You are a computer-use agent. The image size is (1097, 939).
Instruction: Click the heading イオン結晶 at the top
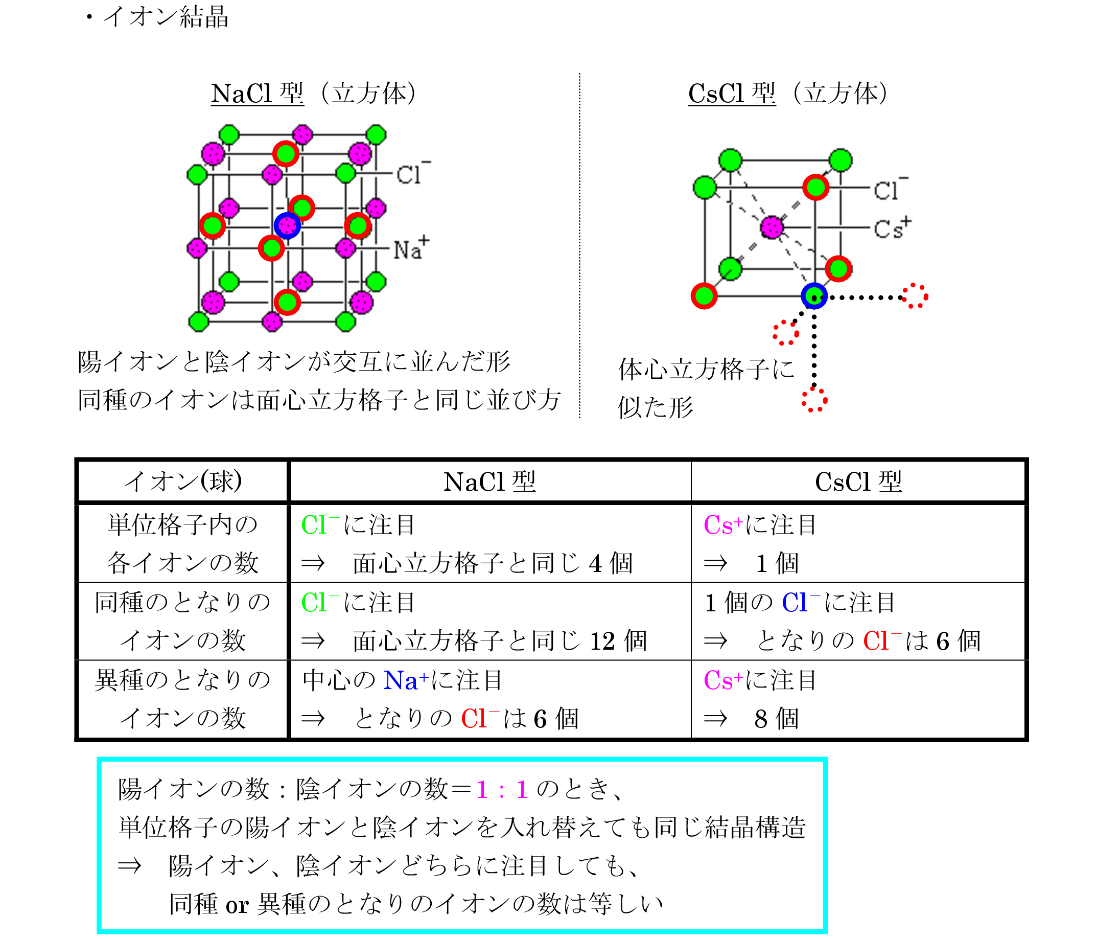[x=165, y=17]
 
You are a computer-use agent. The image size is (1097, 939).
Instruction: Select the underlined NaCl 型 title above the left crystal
[x=258, y=94]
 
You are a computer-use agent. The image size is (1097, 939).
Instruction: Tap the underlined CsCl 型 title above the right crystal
[x=732, y=94]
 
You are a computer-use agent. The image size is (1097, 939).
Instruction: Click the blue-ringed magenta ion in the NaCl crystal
[x=288, y=225]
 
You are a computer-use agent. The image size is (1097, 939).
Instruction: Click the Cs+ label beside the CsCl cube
[x=892, y=228]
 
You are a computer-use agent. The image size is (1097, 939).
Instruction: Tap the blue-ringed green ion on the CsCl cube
[x=814, y=296]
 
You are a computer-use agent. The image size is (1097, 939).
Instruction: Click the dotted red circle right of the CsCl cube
[x=915, y=295]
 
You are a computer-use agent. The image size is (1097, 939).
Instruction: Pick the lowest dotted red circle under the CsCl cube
[x=814, y=400]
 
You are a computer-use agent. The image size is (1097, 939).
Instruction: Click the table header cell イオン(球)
[x=182, y=482]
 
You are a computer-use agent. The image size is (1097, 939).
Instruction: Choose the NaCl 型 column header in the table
[x=489, y=482]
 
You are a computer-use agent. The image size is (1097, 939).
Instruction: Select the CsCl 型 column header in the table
[x=858, y=482]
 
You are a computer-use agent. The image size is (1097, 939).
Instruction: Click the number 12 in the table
[x=602, y=642]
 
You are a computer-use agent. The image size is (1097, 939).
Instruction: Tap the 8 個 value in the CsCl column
[x=776, y=719]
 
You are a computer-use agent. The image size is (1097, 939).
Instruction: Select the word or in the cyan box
[x=237, y=905]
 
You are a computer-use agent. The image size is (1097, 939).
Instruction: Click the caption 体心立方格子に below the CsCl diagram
[x=706, y=369]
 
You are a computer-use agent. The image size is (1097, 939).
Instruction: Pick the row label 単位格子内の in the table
[x=182, y=525]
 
